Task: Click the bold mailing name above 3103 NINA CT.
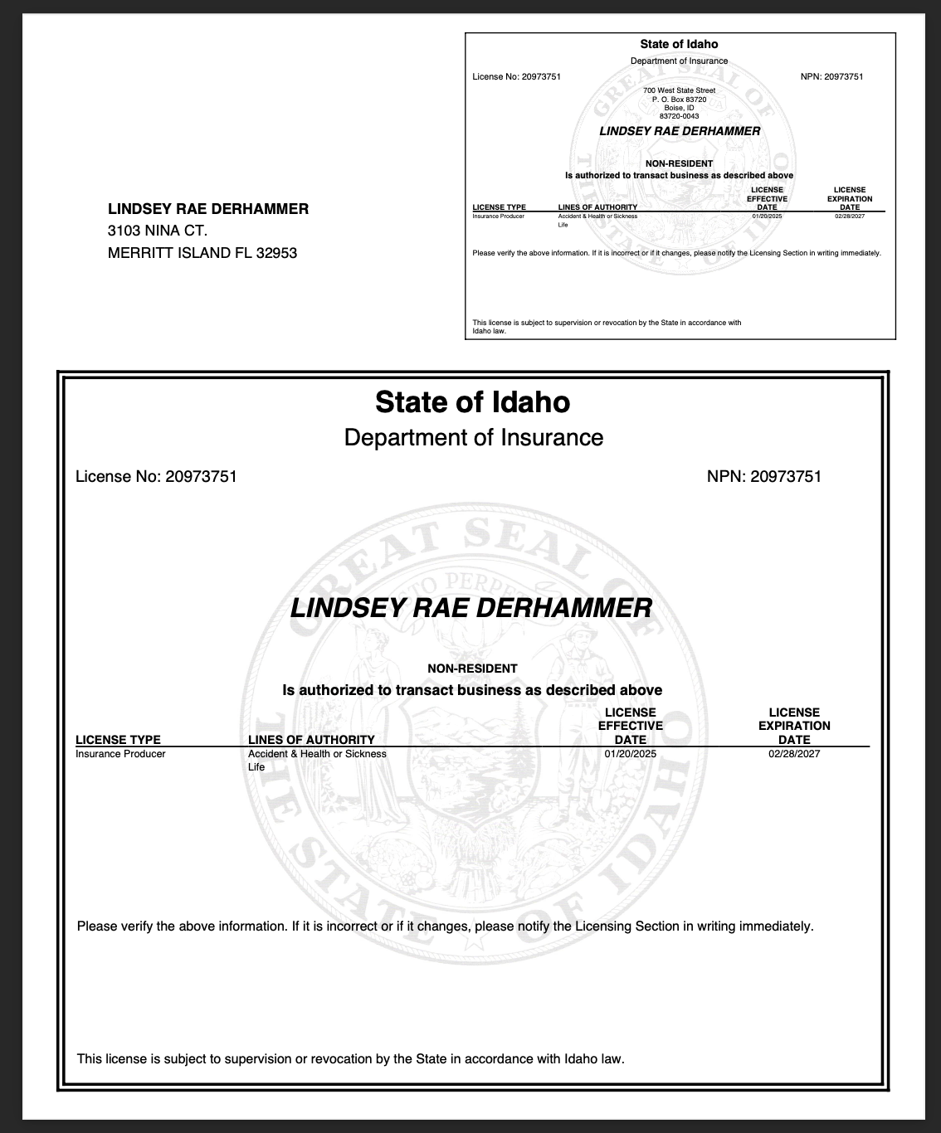(208, 209)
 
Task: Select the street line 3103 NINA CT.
(158, 231)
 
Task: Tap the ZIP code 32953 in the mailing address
(276, 253)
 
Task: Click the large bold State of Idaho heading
(472, 402)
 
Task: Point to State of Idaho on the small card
(679, 44)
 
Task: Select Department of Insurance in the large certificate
(473, 437)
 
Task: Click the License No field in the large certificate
(156, 476)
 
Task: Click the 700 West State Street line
(679, 90)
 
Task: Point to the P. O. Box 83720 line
(679, 100)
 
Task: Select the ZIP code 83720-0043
(679, 116)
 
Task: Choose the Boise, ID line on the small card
(679, 108)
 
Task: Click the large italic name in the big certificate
(470, 608)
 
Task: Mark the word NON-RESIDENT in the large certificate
(472, 669)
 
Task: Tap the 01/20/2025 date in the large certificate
(630, 754)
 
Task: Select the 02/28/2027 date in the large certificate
(794, 754)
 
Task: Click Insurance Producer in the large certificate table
(120, 754)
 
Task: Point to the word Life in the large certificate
(256, 767)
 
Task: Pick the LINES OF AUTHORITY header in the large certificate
(311, 740)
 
